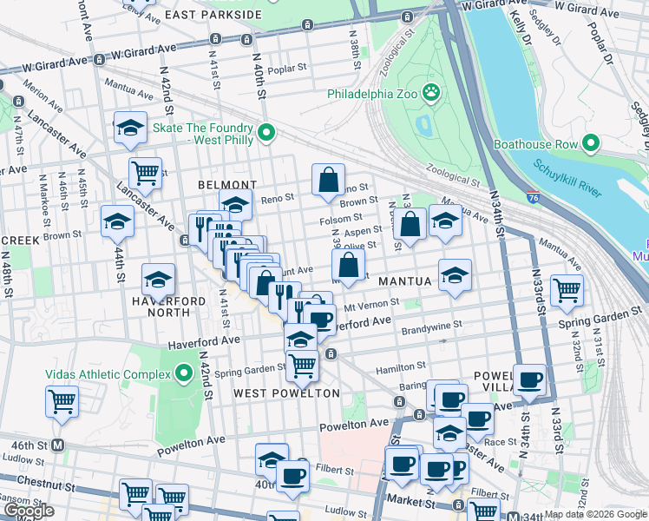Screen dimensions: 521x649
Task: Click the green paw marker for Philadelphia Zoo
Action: click(x=431, y=92)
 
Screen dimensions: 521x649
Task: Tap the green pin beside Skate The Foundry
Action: click(x=267, y=133)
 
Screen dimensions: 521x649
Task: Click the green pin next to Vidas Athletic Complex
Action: click(x=183, y=374)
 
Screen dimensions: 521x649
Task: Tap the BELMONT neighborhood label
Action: click(x=226, y=185)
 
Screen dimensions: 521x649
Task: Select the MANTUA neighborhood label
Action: click(x=404, y=282)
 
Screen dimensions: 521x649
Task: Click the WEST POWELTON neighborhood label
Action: click(x=287, y=393)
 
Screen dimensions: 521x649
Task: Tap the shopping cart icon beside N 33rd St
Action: click(x=567, y=290)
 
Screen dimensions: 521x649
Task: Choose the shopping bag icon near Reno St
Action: click(x=329, y=180)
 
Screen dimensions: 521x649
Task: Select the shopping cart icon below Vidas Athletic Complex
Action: click(x=62, y=401)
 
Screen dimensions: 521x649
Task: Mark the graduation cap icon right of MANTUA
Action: click(x=455, y=275)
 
